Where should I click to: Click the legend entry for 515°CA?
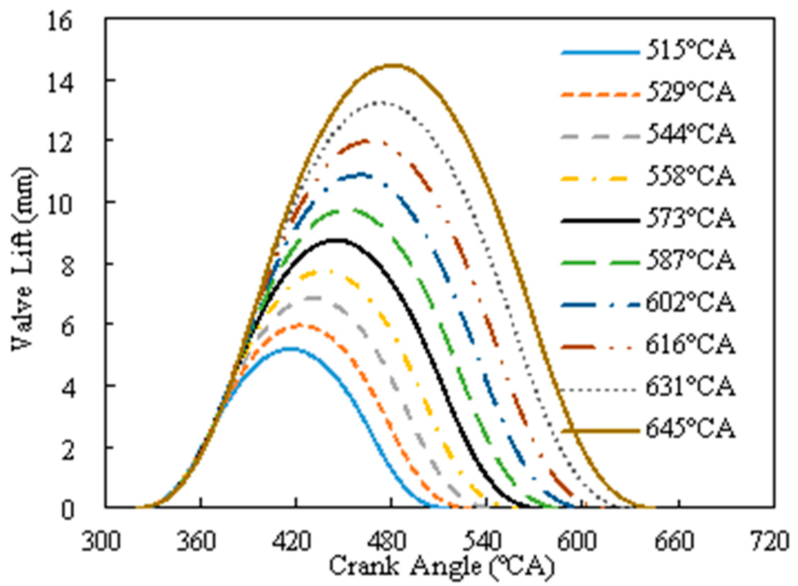coord(690,52)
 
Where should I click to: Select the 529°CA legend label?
coord(690,94)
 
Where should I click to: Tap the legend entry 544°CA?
coord(690,135)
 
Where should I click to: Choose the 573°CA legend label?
coord(690,219)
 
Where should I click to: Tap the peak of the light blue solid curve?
coord(291,349)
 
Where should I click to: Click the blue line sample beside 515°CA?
coord(600,53)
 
